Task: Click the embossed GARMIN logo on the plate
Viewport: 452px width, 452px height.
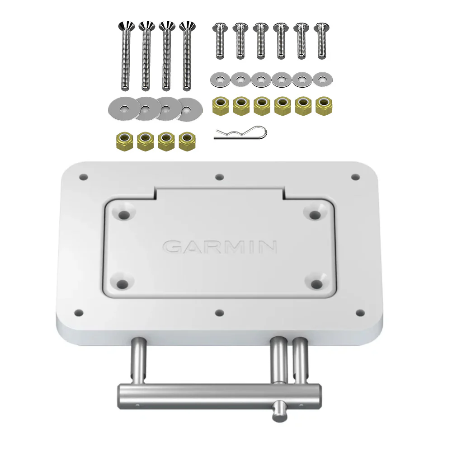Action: tap(220, 247)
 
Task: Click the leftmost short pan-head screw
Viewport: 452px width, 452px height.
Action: tap(220, 40)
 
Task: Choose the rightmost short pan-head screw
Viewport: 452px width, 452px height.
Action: tap(321, 40)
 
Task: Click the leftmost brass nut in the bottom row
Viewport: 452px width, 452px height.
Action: tap(123, 141)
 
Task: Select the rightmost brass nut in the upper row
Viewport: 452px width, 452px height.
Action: tap(323, 107)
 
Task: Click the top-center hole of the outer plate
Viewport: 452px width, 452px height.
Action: tap(220, 177)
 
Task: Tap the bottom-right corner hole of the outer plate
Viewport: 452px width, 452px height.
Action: tap(360, 312)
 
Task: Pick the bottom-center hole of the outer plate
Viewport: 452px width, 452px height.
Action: tap(220, 312)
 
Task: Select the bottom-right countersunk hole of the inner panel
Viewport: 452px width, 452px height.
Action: tap(316, 283)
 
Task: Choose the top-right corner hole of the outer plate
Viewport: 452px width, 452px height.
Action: tap(355, 177)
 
